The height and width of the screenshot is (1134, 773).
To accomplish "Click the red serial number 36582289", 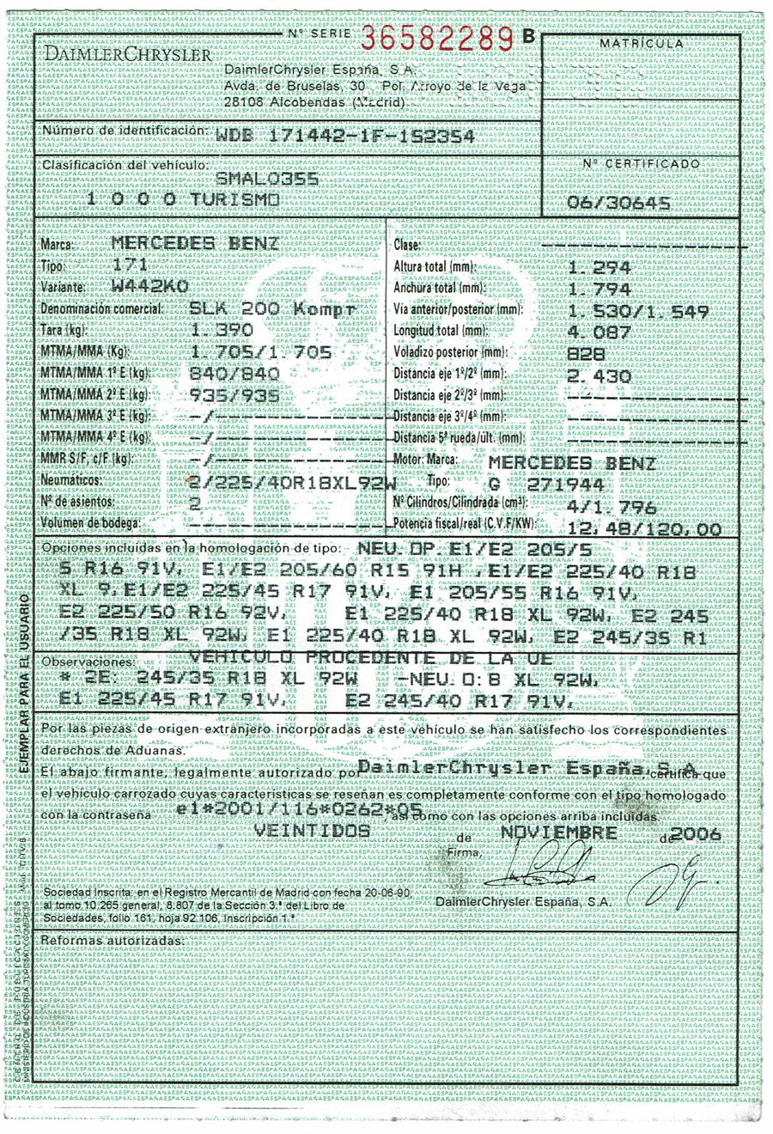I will [438, 39].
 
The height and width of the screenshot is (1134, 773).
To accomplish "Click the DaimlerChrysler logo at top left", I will [128, 55].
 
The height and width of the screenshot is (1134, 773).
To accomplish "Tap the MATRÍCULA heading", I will [642, 43].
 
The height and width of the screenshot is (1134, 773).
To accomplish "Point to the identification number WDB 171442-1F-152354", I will [344, 137].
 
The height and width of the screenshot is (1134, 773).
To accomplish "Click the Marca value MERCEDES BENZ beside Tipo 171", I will [195, 243].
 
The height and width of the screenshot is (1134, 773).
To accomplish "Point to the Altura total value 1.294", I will [600, 268].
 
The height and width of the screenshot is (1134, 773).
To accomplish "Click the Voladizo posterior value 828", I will [587, 354].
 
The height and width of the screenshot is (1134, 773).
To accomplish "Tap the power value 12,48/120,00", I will [644, 529].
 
